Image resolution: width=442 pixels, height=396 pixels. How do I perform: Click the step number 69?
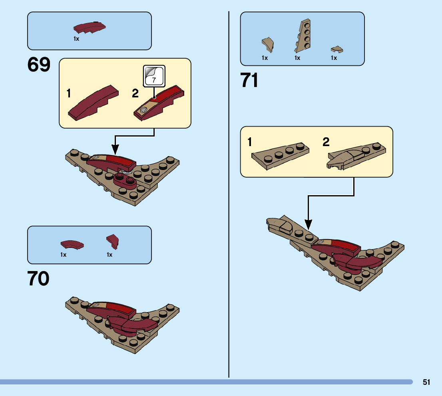[39, 65]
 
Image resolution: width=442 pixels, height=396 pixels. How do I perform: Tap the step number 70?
[39, 279]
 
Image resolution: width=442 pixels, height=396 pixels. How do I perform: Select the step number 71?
[250, 80]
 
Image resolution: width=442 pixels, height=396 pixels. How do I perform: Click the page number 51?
[426, 382]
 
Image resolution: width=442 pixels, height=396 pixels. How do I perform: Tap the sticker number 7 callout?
[154, 76]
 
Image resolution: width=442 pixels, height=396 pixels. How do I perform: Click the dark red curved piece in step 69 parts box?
[90, 28]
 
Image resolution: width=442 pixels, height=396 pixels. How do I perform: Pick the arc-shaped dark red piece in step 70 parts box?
[72, 244]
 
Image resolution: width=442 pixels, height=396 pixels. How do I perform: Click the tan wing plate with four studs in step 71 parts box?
[303, 36]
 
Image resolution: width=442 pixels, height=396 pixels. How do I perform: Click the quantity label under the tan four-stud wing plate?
[297, 58]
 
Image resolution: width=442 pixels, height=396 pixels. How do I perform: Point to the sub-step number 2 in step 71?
[327, 142]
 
